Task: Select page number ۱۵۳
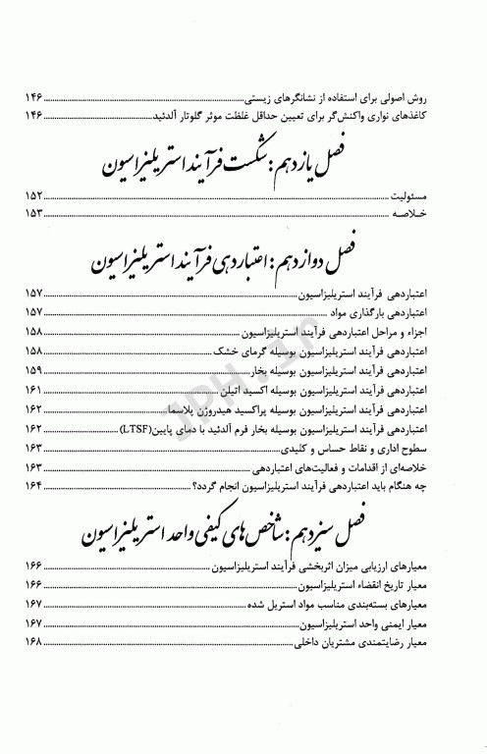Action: tap(32, 216)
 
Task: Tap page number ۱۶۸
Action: tap(32, 644)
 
